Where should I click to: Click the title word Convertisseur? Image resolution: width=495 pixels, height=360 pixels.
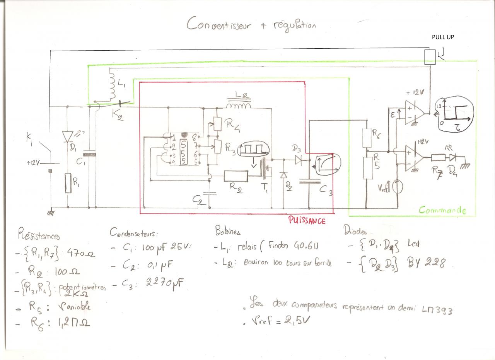[218, 24]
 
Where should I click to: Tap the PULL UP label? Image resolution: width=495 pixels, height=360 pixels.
[443, 38]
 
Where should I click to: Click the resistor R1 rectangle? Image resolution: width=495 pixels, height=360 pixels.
[68, 183]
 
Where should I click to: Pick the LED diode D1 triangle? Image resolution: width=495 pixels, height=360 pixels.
[67, 136]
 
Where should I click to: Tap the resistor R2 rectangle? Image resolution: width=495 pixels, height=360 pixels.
[236, 176]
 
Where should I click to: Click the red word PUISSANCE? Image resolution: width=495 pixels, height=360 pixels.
[307, 220]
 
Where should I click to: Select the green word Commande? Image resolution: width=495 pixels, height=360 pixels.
[442, 210]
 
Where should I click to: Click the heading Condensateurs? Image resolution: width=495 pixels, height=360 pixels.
[134, 233]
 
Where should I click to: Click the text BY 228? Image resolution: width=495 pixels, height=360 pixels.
[427, 263]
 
